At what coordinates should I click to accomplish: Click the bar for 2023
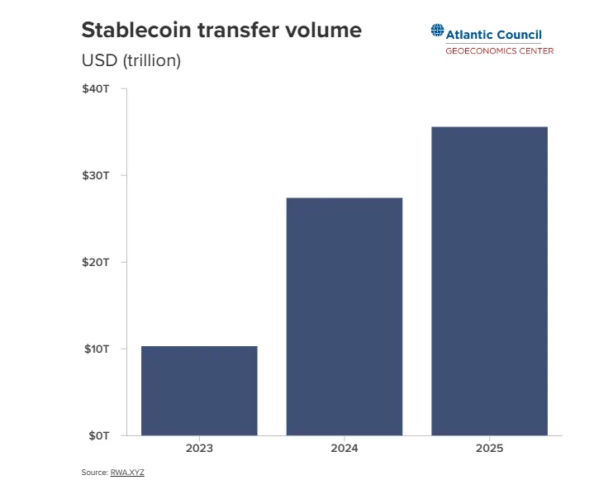[199, 391]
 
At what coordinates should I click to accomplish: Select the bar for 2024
[345, 316]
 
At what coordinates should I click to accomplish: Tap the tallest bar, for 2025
[489, 281]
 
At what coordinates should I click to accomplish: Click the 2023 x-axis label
[199, 449]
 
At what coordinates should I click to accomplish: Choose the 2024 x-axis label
[345, 449]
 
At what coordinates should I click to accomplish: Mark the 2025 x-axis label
[489, 449]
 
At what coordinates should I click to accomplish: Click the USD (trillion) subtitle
[131, 60]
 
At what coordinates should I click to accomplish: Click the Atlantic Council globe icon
[437, 31]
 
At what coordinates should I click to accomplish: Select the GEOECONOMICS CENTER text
[499, 51]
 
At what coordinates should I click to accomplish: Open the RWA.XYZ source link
[127, 472]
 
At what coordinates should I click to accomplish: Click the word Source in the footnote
[93, 472]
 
